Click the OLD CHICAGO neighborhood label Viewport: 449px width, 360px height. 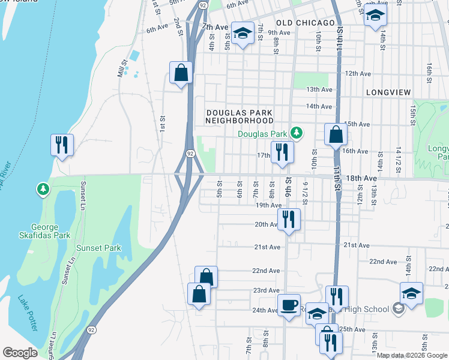tap(306, 23)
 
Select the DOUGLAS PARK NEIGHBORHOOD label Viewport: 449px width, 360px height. tap(239, 116)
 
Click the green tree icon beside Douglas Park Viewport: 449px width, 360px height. tap(295, 133)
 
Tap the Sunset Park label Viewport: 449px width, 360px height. tap(98, 248)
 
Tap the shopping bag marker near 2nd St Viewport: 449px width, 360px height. tap(181, 73)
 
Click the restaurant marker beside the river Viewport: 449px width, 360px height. tap(62, 145)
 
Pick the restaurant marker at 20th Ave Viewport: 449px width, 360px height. tap(289, 220)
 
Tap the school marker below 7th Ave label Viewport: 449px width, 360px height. tap(243, 34)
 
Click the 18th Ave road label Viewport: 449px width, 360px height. tap(361, 178)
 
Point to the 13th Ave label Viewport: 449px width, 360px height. tap(319, 89)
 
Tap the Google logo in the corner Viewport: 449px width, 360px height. tap(20, 353)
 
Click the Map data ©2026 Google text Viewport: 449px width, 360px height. tap(412, 356)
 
